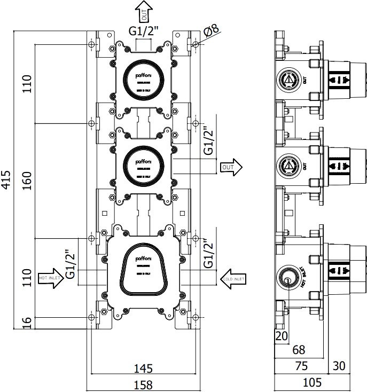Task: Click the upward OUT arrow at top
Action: click(143, 11)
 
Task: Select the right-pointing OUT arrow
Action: click(231, 167)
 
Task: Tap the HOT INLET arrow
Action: click(50, 278)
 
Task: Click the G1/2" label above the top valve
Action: click(143, 31)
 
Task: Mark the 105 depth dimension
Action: click(312, 383)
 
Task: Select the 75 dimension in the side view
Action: click(301, 366)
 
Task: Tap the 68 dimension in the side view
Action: click(299, 350)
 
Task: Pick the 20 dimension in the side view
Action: click(281, 335)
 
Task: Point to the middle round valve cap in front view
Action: click(143, 162)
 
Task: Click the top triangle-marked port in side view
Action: click(289, 81)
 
